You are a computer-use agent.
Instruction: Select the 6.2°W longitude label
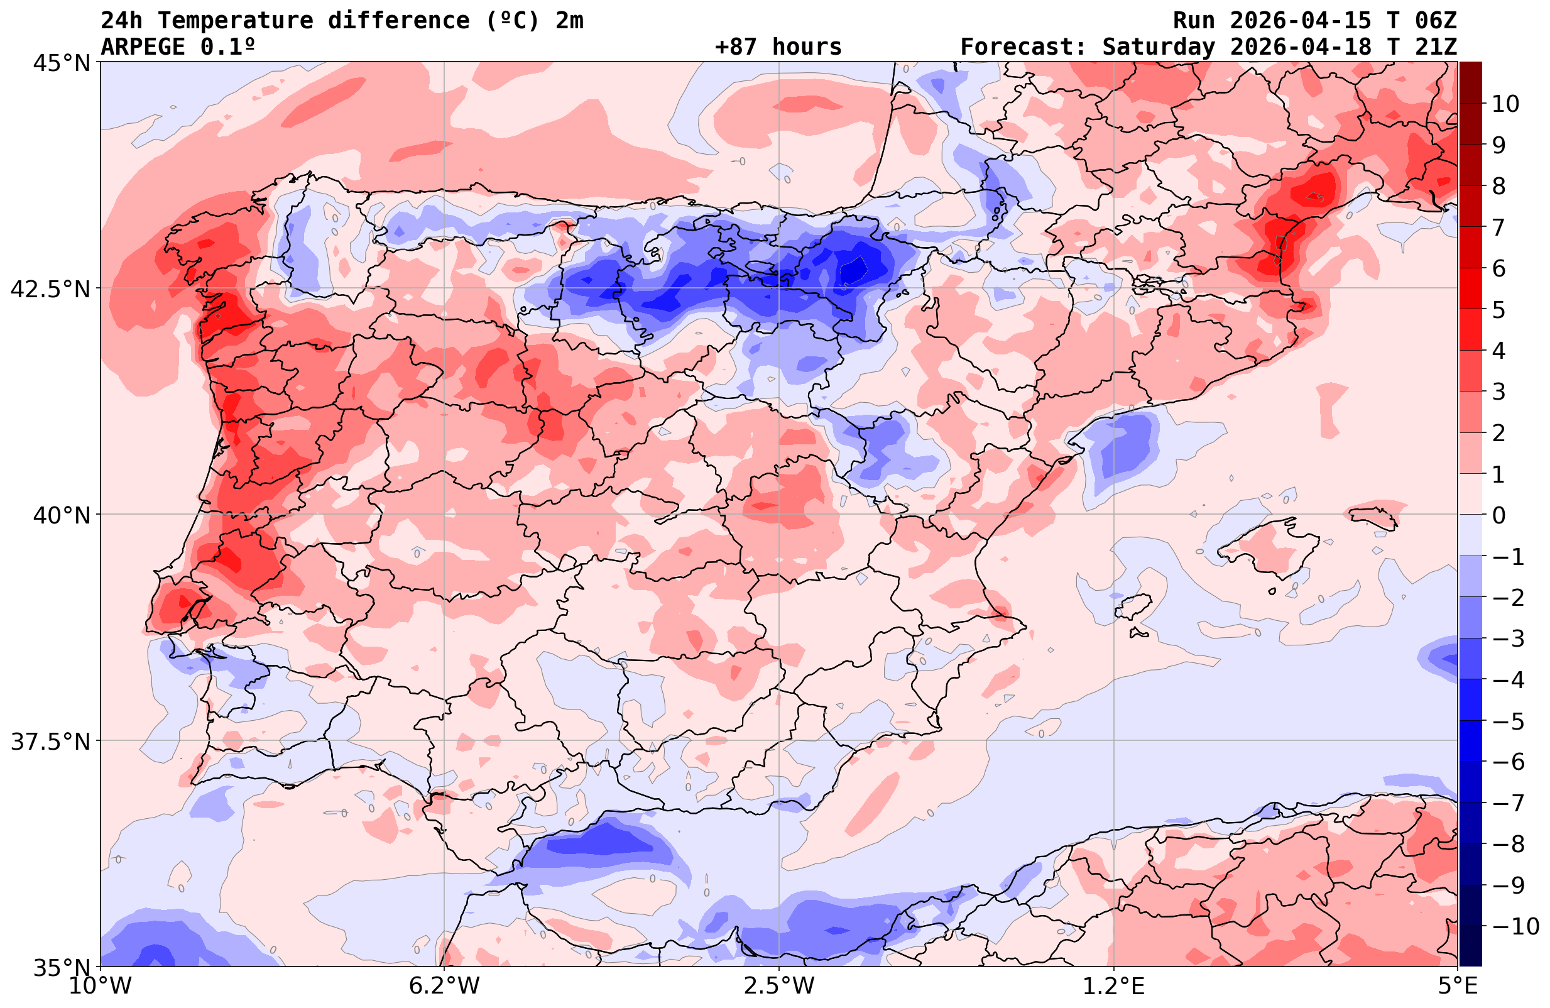(444, 986)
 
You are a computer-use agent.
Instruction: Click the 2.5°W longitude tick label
(779, 986)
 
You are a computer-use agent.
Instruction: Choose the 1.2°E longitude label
(1114, 986)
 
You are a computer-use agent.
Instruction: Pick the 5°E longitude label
(1456, 986)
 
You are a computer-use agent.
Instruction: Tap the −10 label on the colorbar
(1515, 926)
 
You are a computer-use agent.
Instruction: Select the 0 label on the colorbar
(1498, 515)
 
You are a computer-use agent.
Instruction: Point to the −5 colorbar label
(1507, 721)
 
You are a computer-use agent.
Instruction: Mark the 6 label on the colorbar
(1498, 268)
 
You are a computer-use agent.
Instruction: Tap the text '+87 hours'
(778, 47)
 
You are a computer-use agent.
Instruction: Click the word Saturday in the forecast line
(1159, 47)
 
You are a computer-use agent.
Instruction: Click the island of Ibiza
(1133, 606)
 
